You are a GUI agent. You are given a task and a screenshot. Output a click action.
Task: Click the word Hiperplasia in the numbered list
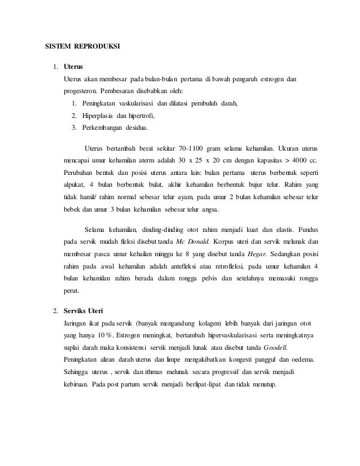pos(99,116)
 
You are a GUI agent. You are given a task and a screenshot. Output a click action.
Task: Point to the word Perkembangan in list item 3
pos(106,129)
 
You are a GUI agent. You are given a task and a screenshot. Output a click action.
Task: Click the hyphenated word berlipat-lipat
pos(197,385)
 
